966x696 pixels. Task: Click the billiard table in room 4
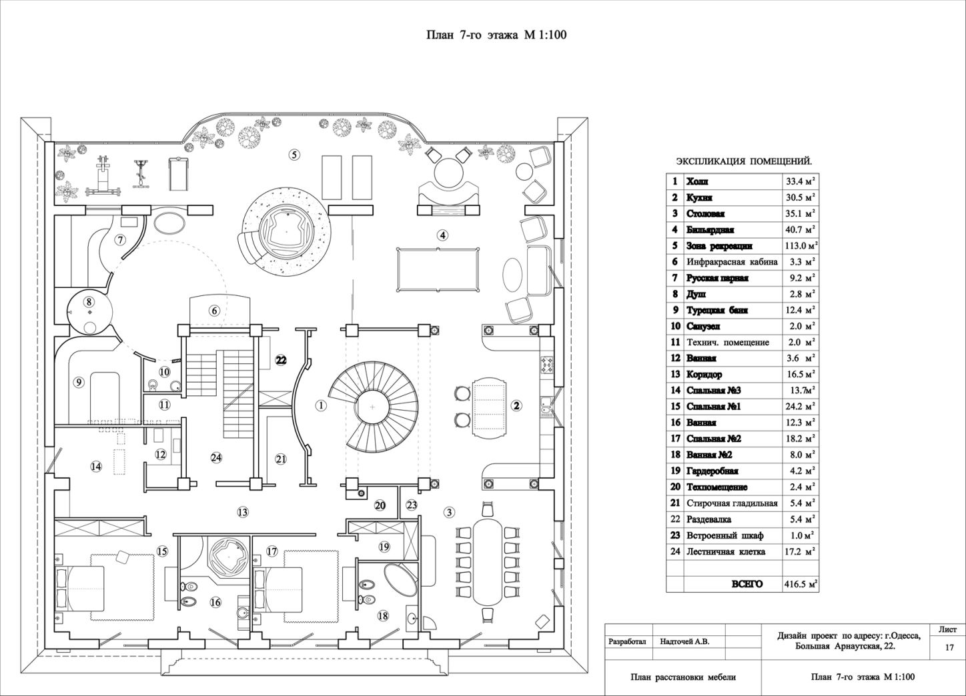click(438, 270)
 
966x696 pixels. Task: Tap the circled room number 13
click(243, 512)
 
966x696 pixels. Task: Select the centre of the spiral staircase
click(373, 407)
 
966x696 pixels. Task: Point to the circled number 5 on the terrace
click(294, 154)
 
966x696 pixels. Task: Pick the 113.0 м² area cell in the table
click(801, 245)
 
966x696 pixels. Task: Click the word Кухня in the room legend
click(699, 198)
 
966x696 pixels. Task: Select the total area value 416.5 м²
click(801, 585)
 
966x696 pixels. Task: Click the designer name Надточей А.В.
click(685, 642)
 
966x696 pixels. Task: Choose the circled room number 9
click(78, 382)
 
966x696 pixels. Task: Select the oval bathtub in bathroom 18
click(401, 579)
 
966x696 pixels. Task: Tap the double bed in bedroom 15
click(80, 591)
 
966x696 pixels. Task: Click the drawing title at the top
click(496, 35)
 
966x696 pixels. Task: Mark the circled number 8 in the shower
click(89, 302)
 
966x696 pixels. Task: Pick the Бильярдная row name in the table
click(710, 230)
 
